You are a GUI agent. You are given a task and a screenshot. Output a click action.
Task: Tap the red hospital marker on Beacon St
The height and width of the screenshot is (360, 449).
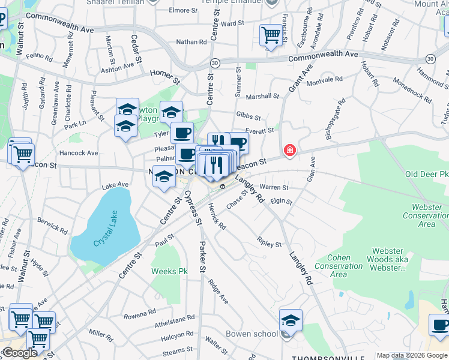click(290, 150)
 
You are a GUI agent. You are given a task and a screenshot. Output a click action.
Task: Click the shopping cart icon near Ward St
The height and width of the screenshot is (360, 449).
click(271, 34)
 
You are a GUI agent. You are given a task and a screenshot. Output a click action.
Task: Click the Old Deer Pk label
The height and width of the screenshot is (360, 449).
click(426, 175)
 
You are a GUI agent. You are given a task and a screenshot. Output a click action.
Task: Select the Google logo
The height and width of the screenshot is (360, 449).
click(20, 353)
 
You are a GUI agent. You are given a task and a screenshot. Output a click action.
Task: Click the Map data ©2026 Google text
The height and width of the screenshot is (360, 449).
click(412, 355)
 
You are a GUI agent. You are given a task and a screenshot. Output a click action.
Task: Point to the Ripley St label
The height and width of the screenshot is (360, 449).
click(269, 244)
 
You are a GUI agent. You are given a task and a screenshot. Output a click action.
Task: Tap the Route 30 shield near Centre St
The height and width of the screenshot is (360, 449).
click(215, 62)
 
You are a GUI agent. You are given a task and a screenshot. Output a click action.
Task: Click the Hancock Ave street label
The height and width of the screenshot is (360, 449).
click(79, 153)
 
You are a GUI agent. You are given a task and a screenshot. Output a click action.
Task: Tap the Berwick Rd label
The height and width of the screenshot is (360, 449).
click(52, 225)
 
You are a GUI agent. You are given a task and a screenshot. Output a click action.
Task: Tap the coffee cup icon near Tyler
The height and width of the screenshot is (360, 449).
click(182, 133)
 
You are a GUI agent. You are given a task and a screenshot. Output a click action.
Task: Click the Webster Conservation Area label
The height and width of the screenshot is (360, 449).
click(426, 216)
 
